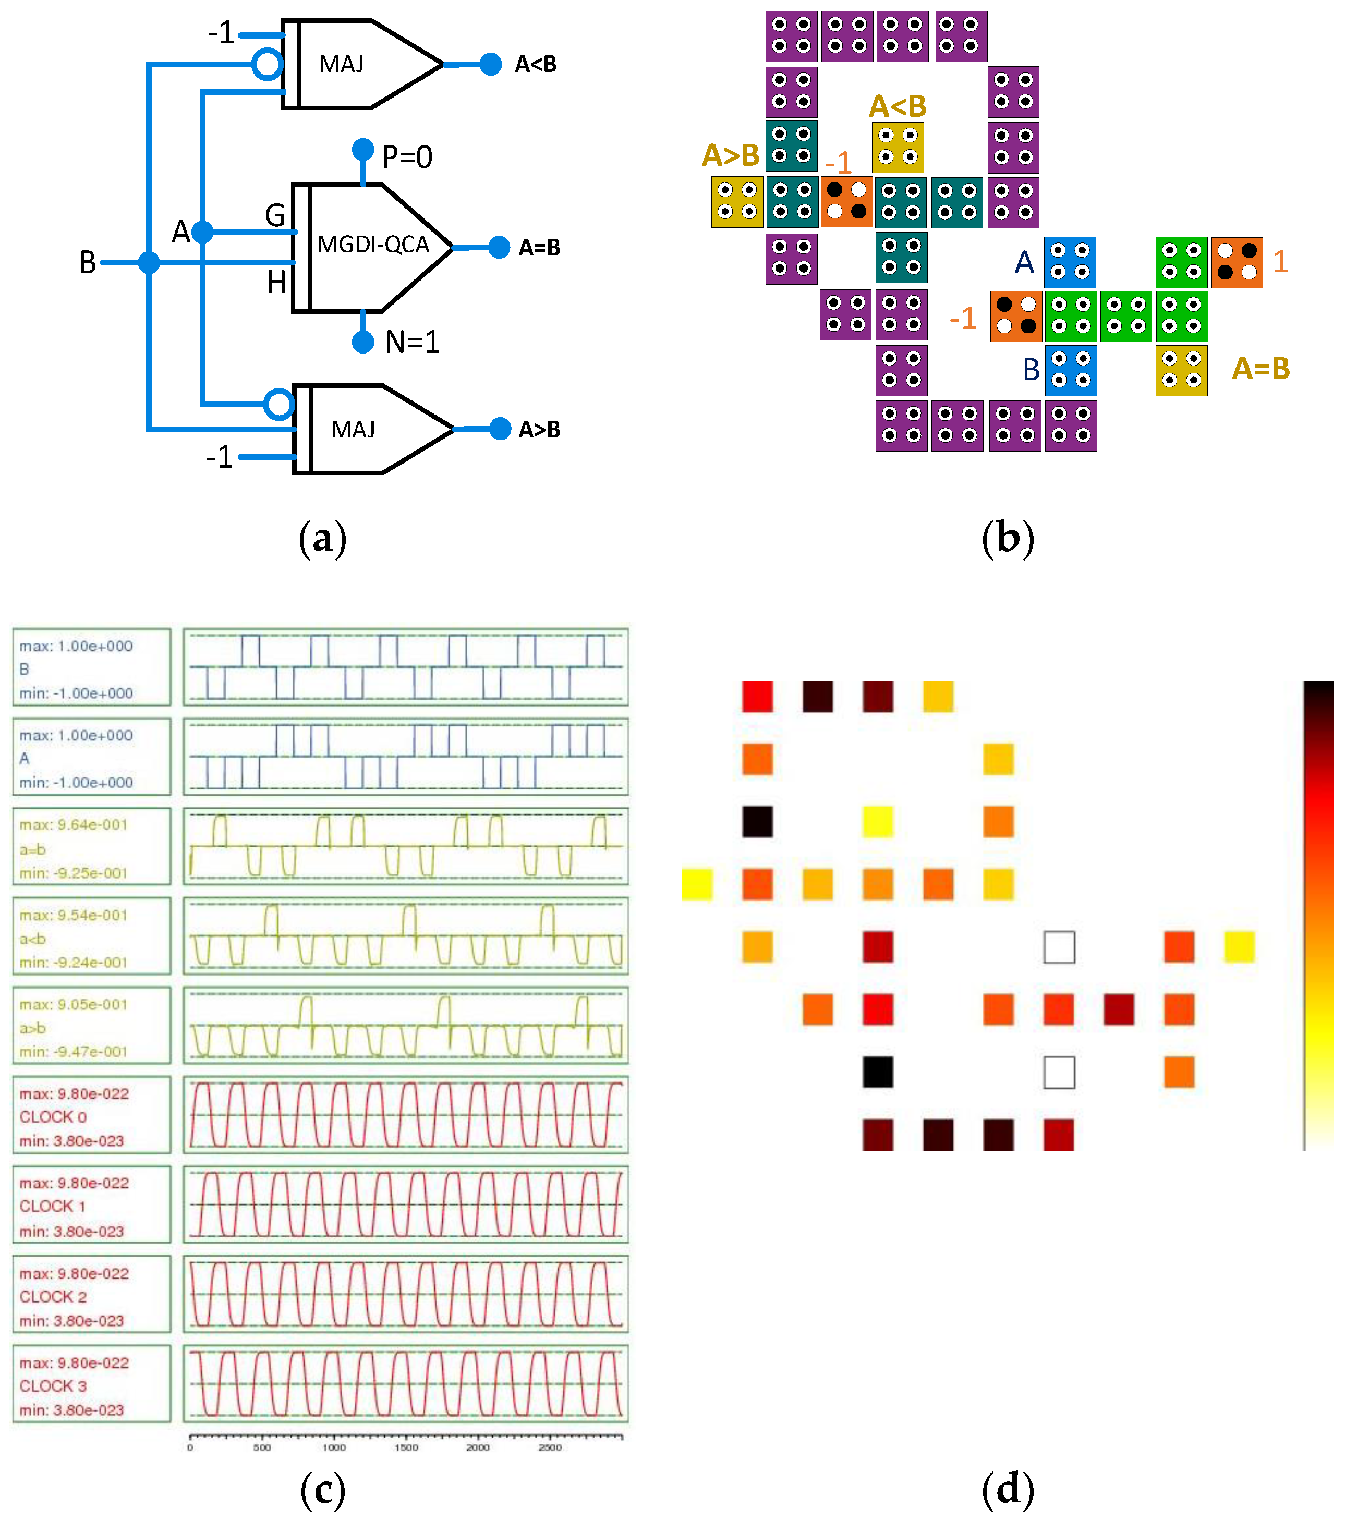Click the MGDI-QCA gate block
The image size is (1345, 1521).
(372, 246)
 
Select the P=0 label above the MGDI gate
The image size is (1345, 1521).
(406, 157)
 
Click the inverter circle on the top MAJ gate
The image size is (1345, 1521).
(267, 65)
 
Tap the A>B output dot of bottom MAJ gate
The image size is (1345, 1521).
(500, 429)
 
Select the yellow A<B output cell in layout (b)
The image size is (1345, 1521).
(898, 147)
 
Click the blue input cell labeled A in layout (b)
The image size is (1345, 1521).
(1070, 262)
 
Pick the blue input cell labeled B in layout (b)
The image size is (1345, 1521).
(1070, 370)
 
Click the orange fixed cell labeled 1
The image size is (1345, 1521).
(1237, 262)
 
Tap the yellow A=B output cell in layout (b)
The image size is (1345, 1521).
(1181, 370)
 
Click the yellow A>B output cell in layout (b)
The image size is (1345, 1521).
(737, 202)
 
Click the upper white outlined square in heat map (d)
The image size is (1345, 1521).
(1059, 947)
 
